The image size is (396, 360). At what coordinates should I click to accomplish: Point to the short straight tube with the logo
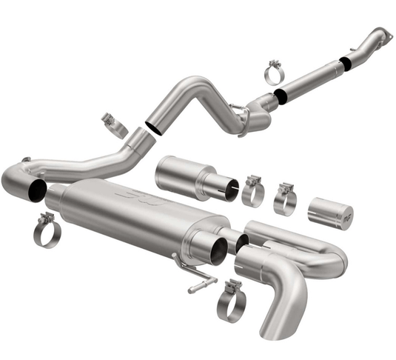(x=330, y=213)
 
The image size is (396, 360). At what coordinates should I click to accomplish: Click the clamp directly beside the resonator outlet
(x=253, y=191)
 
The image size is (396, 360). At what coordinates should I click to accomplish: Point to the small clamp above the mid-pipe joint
(x=114, y=124)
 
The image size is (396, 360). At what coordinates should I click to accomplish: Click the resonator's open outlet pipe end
(x=226, y=189)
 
